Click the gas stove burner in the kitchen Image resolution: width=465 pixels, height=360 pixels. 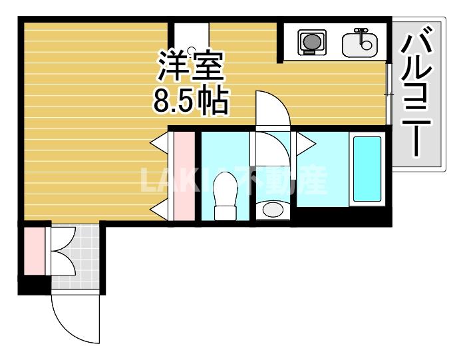point(310,43)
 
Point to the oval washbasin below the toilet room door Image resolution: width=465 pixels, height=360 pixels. point(272,210)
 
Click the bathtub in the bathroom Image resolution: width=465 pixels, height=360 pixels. point(367,169)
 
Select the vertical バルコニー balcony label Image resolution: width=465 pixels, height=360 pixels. point(418,92)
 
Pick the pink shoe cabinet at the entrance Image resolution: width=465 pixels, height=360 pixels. point(34,251)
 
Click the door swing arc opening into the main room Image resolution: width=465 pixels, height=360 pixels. point(273,106)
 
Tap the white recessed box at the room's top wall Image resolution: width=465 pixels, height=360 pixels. point(192,42)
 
